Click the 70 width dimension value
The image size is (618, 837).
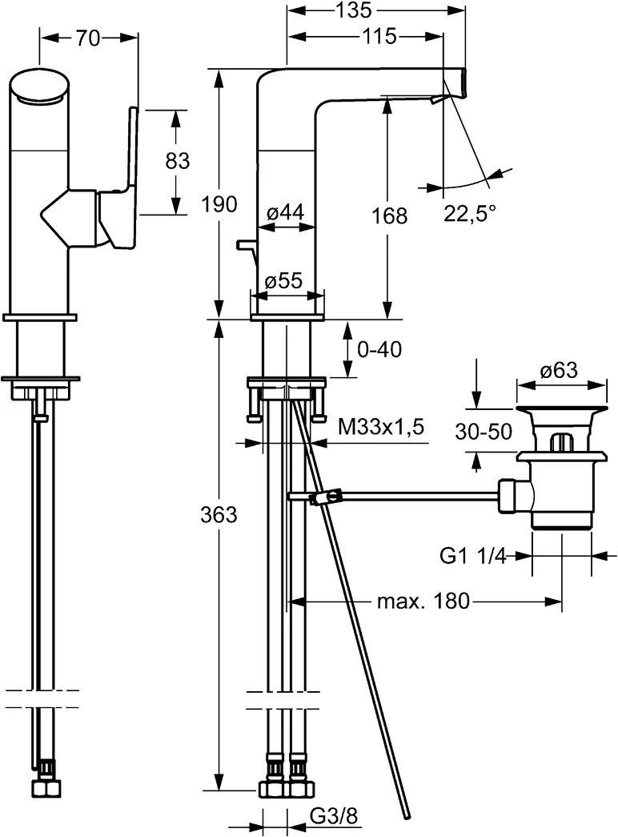click(x=88, y=38)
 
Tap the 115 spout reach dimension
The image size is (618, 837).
click(x=379, y=37)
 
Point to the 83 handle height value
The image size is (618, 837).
click(x=177, y=160)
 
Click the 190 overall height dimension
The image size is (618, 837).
click(x=219, y=204)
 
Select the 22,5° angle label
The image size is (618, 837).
click(x=469, y=212)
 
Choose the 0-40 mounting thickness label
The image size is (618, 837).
click(x=380, y=349)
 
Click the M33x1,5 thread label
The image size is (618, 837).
click(x=379, y=429)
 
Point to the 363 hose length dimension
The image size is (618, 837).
click(x=219, y=515)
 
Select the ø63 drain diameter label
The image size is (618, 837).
click(x=559, y=370)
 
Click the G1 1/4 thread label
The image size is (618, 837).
click(x=475, y=556)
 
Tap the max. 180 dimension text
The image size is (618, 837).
click(x=421, y=601)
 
